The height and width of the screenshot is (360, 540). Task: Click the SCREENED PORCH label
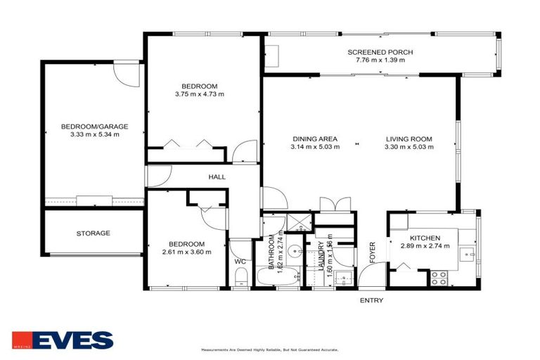[x=380, y=53]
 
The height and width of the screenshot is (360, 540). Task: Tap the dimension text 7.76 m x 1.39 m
[x=380, y=61]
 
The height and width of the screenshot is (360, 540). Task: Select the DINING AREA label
[x=314, y=139]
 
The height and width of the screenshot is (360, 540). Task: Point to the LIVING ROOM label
[x=409, y=139]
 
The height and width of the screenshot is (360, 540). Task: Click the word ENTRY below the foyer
[x=371, y=300]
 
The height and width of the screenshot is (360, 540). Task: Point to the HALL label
[x=217, y=176]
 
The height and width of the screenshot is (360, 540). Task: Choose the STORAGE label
[x=93, y=233]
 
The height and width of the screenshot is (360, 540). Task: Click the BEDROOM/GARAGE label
[x=94, y=127]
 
